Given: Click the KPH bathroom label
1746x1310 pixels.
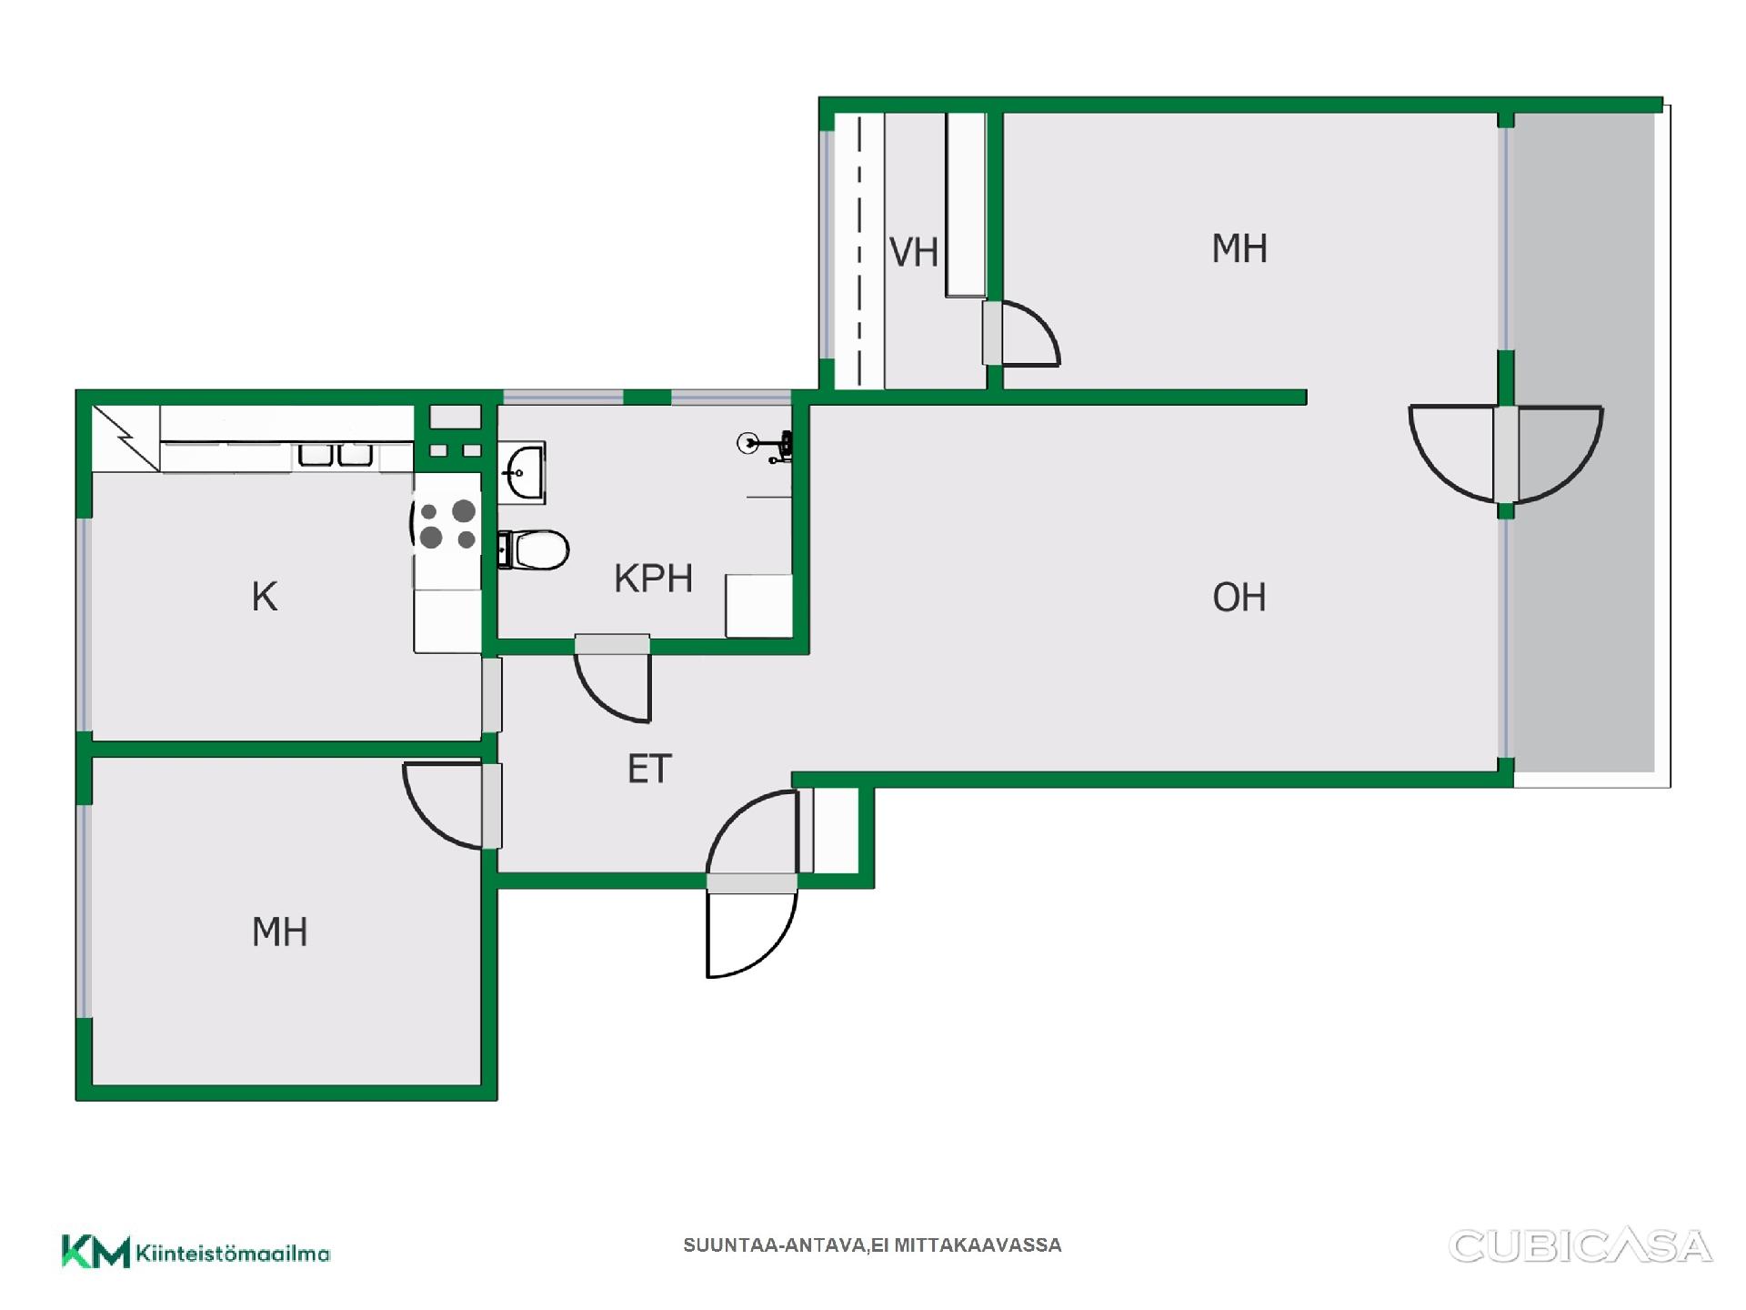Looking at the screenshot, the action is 653,579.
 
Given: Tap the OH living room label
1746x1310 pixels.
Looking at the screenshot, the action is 1239,598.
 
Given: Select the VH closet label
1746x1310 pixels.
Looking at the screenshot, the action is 913,253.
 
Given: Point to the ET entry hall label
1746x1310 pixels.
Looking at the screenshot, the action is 649,770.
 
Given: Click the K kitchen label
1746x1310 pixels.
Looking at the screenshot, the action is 264,597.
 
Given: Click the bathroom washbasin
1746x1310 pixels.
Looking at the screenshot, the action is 522,472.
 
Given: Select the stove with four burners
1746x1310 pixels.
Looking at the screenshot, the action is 447,525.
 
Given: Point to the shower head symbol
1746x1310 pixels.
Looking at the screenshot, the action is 765,446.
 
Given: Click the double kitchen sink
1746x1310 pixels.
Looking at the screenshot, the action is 336,454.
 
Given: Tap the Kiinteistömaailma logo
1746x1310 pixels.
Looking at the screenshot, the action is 196,1252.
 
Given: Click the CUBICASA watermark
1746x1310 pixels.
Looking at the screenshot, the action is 1580,1246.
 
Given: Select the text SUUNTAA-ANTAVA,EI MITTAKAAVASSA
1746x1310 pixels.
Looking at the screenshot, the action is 872,1245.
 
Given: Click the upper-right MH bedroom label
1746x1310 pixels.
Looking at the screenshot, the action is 1239,248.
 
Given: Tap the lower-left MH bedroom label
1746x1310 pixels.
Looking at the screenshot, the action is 279,932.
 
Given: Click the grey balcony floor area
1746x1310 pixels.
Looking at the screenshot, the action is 1583,442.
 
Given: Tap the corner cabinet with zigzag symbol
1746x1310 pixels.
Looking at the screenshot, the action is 125,438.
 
